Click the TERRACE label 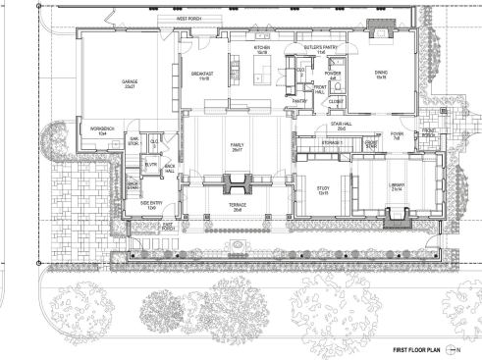236,208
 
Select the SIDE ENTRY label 145,207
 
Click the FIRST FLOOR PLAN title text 415,348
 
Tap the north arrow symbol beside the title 454,348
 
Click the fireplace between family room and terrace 236,181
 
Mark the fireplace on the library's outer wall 395,222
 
